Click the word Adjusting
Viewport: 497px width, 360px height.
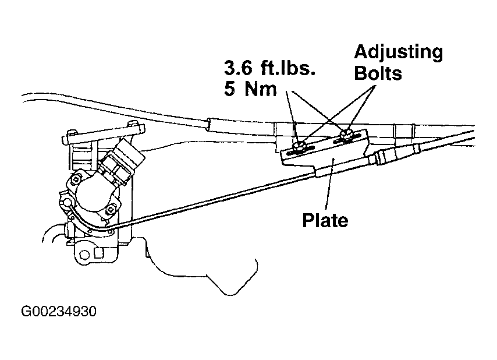click(399, 53)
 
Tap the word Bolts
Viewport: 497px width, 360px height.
click(378, 73)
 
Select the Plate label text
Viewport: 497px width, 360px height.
click(325, 220)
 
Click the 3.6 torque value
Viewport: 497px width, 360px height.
click(238, 68)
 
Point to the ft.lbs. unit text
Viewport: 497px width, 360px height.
click(288, 68)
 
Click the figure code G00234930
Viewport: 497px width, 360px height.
click(59, 312)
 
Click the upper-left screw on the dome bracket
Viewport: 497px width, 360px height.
click(76, 179)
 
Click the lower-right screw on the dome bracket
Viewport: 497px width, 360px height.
click(109, 209)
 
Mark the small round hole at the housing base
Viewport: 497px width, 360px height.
click(84, 255)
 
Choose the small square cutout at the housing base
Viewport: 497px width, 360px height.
click(99, 252)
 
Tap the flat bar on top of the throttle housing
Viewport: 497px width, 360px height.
click(104, 134)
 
